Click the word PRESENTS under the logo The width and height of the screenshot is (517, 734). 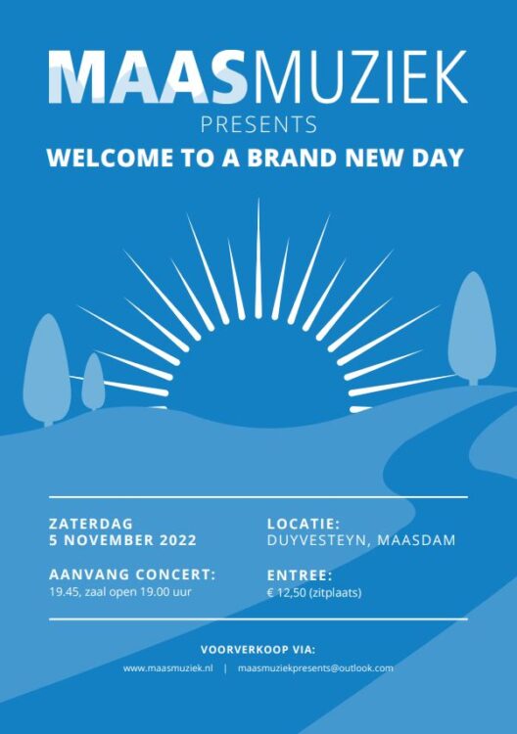[258, 124]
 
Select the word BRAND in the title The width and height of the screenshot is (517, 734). [292, 158]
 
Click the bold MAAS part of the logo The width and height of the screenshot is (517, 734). [148, 76]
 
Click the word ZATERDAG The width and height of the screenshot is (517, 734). [91, 524]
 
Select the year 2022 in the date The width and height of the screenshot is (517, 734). [178, 540]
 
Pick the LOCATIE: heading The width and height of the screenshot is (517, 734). [304, 524]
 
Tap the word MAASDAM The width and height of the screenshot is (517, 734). [416, 540]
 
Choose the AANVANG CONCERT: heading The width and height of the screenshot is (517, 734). [132, 574]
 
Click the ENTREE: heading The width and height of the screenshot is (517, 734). [300, 574]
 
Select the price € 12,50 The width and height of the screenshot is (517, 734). [287, 593]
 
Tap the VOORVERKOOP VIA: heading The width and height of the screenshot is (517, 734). [258, 650]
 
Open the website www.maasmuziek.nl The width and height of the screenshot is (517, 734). [167, 668]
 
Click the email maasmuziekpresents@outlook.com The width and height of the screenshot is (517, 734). [315, 668]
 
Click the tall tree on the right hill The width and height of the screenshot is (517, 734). [472, 328]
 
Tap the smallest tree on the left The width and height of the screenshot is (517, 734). [93, 381]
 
